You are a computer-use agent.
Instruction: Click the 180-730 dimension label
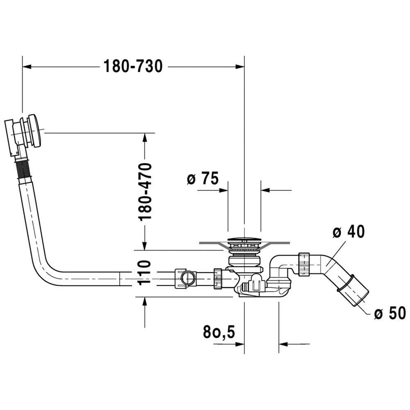(x=133, y=66)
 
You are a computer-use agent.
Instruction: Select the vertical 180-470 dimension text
(x=146, y=192)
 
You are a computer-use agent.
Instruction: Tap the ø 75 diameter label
(x=203, y=179)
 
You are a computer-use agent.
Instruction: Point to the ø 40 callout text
(x=348, y=231)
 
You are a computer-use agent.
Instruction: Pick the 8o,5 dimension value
(x=219, y=332)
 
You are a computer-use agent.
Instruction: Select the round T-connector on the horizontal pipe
(x=189, y=278)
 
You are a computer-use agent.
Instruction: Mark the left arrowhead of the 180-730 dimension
(x=27, y=67)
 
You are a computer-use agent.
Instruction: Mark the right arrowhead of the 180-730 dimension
(x=240, y=67)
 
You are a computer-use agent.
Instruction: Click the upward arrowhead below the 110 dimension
(x=145, y=301)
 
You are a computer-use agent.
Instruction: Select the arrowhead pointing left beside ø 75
(x=265, y=190)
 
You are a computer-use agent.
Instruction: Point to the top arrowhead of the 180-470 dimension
(x=145, y=137)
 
